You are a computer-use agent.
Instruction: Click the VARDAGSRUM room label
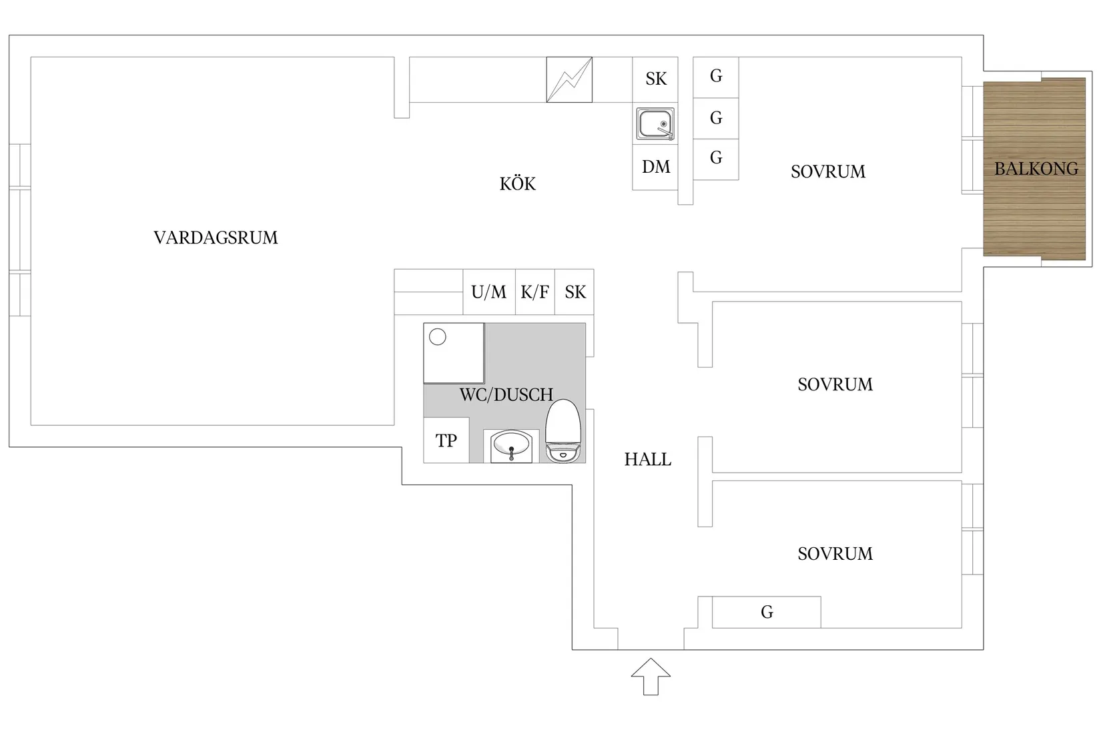(x=216, y=238)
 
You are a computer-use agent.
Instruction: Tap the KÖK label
(x=518, y=183)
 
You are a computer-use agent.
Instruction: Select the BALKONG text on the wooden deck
(x=1036, y=169)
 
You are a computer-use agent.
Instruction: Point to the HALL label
(x=648, y=459)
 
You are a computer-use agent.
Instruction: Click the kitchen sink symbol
(x=655, y=124)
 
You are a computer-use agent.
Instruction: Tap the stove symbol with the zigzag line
(x=569, y=79)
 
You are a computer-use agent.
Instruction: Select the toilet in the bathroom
(x=563, y=431)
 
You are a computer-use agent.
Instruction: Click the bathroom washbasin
(x=511, y=446)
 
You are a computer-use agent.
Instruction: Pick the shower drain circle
(x=438, y=337)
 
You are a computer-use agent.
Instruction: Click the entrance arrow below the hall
(x=651, y=677)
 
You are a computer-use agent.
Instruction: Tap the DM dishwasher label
(x=656, y=167)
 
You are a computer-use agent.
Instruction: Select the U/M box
(x=489, y=292)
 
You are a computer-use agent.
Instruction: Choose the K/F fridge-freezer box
(x=535, y=292)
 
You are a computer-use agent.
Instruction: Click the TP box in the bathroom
(x=446, y=440)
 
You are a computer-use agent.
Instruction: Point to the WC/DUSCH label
(x=506, y=395)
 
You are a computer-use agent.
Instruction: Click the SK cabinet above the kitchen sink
(x=655, y=79)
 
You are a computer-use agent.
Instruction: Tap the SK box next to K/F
(x=575, y=292)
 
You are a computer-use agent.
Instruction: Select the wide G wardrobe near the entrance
(x=767, y=612)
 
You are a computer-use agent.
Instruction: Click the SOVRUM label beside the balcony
(x=828, y=171)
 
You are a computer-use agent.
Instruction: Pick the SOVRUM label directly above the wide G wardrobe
(x=835, y=554)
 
